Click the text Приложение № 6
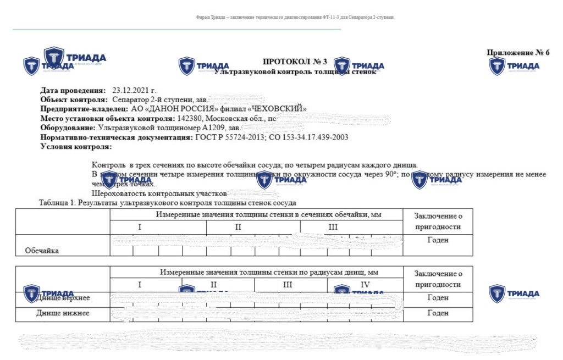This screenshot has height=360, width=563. [x=518, y=53]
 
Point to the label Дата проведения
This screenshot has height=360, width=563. [x=73, y=90]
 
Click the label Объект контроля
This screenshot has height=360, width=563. [x=74, y=100]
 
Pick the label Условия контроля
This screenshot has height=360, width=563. [x=76, y=147]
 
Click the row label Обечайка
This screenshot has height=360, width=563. [x=42, y=251]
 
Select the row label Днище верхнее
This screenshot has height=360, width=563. [x=62, y=298]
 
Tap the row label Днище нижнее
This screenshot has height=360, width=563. [x=62, y=313]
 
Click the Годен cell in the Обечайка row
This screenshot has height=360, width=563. [x=438, y=240]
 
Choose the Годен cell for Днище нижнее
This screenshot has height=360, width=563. [x=438, y=313]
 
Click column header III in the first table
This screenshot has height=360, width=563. [x=333, y=226]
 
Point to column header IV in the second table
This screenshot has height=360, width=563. [x=365, y=285]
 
